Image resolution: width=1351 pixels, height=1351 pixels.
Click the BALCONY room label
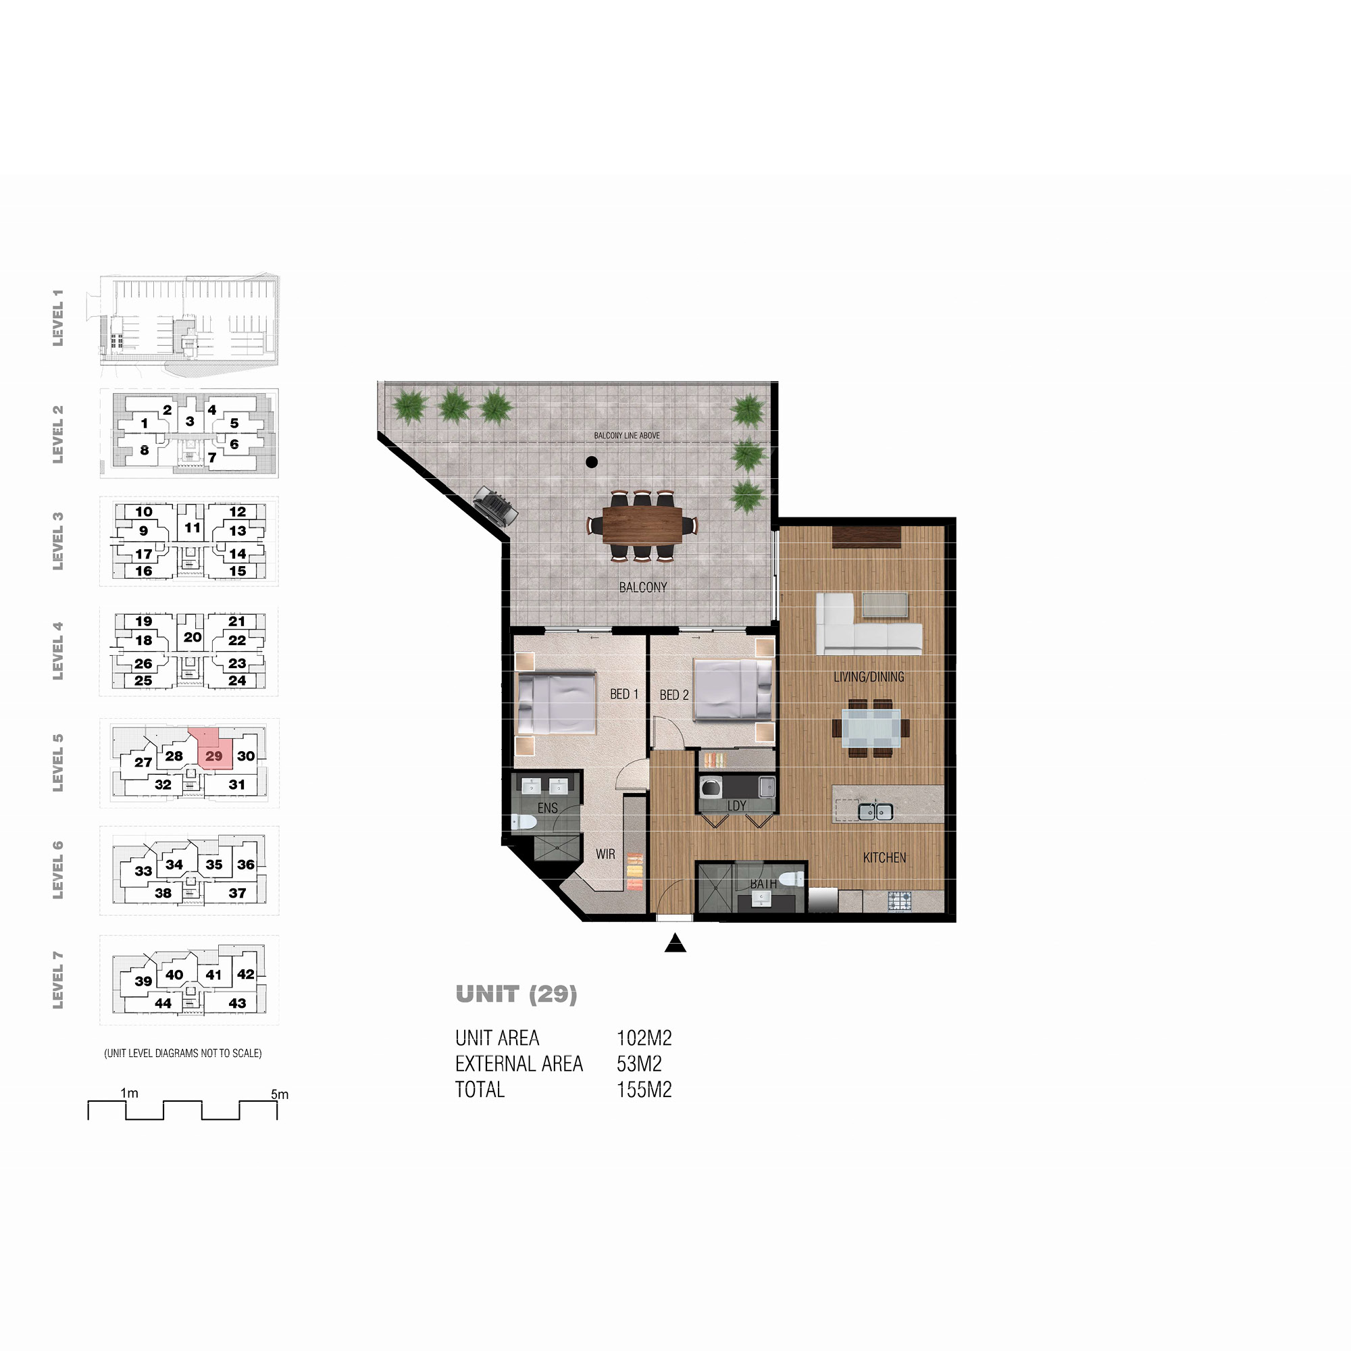coord(642,588)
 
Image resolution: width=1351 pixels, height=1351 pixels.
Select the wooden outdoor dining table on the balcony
coord(642,524)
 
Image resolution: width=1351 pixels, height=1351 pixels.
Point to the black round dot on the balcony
coord(592,461)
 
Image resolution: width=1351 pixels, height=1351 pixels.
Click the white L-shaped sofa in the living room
coord(867,624)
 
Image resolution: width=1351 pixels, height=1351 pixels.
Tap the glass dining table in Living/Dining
coord(871,728)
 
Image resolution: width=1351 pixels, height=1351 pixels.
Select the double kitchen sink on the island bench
coord(875,812)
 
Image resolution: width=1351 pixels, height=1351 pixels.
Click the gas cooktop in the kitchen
coord(899,900)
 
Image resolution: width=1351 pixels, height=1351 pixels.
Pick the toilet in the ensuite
coord(524,821)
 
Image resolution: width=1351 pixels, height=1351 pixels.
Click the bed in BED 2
coord(733,690)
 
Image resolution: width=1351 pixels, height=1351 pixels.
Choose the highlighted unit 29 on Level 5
coord(212,750)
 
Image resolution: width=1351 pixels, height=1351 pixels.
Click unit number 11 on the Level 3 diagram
coord(193,528)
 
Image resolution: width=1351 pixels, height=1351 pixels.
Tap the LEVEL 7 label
coord(58,979)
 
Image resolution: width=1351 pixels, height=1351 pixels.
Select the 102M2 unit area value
coord(644,1038)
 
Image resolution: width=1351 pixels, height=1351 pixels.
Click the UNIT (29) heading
coord(516,994)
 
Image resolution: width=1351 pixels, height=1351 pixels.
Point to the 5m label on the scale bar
coord(280,1094)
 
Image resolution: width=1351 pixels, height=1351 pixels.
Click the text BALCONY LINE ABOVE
coord(627,436)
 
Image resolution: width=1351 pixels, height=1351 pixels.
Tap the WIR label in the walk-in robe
coord(605,854)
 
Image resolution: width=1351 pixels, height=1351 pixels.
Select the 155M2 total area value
coord(644,1090)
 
